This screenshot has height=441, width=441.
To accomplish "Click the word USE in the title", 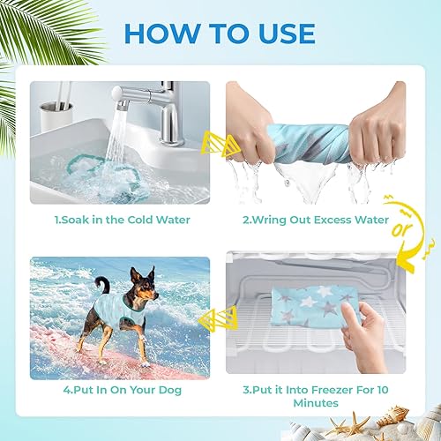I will [x=280, y=33].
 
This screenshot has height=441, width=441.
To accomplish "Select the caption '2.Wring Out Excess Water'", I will [x=315, y=220].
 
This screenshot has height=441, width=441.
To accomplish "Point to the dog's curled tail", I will [x=101, y=285].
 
